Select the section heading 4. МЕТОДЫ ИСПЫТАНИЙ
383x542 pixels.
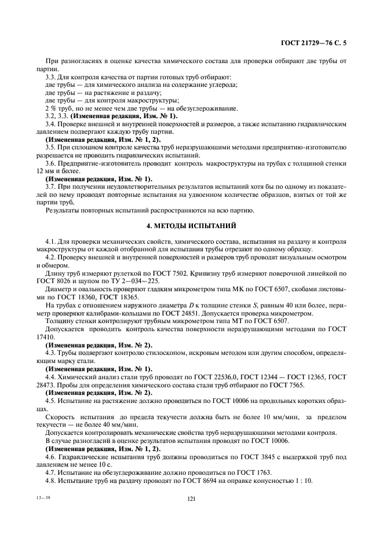191,223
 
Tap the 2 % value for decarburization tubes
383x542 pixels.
51,108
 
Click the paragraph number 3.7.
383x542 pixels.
51,187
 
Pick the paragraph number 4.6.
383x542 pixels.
51,456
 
